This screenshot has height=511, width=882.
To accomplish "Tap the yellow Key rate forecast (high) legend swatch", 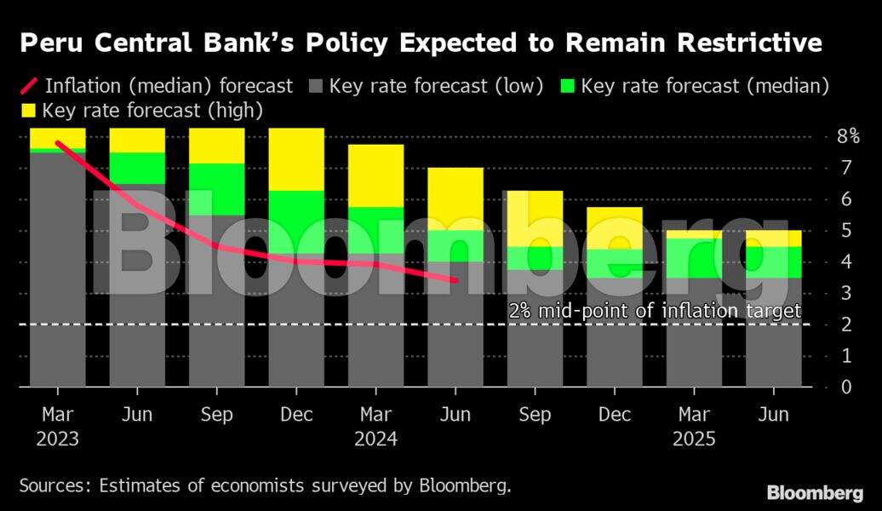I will tap(27, 110).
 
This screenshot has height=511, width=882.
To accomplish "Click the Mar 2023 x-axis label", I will tap(57, 427).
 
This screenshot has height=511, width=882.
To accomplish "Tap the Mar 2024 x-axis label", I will tap(375, 427).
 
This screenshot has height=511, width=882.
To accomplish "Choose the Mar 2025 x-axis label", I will tap(695, 427).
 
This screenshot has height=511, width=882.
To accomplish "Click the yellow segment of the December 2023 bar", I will tap(296, 159).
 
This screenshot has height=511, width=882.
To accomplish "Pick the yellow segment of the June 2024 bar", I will tap(455, 198).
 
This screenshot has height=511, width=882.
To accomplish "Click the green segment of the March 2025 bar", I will tap(695, 258).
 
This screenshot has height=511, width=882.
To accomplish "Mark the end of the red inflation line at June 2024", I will tap(455, 279).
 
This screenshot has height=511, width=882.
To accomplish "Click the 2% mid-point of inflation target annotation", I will tap(655, 311).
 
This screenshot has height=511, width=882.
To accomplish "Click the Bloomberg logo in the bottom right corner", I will tap(815, 492).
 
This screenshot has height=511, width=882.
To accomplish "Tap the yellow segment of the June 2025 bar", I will tap(774, 238).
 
